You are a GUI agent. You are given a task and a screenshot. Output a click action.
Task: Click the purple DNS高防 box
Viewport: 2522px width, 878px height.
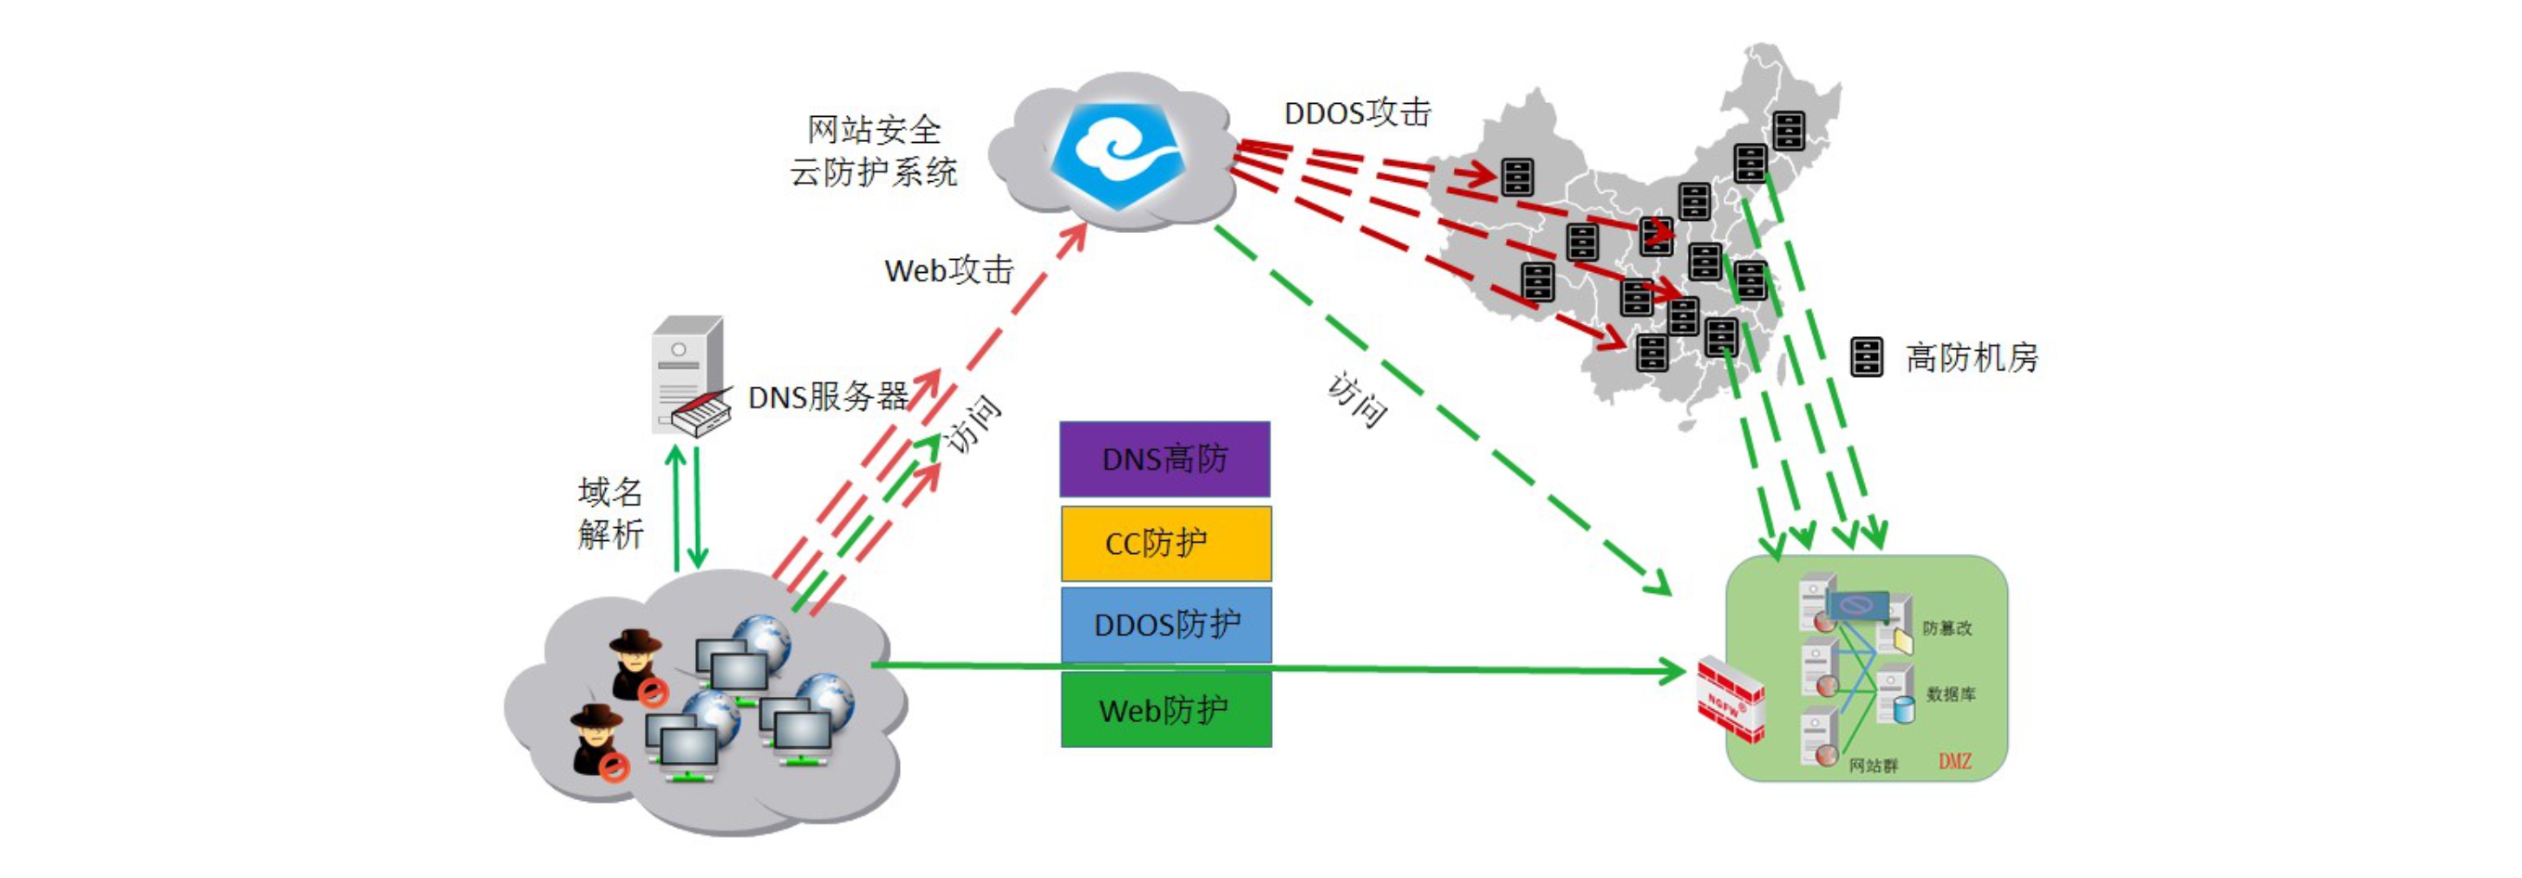point(1164,459)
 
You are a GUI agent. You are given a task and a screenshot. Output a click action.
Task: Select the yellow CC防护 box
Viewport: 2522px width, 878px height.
point(1165,543)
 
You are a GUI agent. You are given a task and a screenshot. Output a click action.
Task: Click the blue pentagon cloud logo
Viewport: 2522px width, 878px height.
point(1117,155)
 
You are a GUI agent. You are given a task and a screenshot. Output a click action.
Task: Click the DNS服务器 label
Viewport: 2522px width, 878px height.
point(829,396)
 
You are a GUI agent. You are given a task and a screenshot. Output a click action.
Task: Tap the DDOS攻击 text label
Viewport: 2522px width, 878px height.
point(1357,112)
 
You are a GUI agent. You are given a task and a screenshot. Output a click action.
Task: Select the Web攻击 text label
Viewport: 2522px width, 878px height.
point(948,270)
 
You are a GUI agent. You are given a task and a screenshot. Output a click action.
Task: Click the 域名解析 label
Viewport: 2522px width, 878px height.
point(610,513)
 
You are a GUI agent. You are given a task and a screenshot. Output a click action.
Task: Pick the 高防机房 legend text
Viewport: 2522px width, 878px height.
point(1972,357)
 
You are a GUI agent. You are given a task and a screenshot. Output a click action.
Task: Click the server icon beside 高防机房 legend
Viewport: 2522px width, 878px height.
point(1866,356)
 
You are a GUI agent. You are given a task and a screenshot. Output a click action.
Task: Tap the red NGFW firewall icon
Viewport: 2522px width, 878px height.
point(1730,698)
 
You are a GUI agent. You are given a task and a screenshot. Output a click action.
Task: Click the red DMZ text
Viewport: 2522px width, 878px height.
point(1954,761)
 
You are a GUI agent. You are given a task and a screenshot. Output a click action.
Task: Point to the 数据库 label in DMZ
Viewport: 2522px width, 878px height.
point(1950,694)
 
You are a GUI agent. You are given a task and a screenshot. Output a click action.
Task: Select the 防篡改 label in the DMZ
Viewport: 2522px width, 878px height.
point(1947,627)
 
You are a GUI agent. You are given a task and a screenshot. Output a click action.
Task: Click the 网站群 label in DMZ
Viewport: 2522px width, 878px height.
point(1872,766)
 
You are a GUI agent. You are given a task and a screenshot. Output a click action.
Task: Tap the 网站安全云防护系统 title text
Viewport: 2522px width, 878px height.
point(873,150)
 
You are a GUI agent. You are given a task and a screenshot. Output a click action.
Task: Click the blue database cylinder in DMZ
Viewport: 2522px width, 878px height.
point(1903,709)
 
